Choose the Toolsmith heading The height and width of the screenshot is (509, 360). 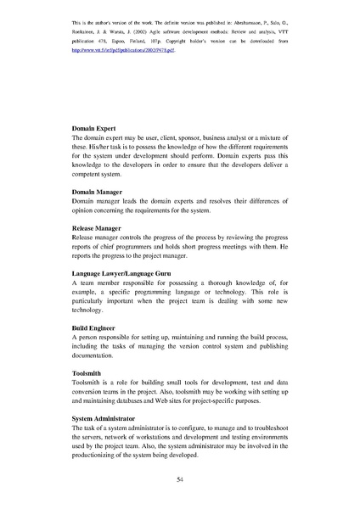88,373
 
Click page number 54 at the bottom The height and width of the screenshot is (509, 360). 180,479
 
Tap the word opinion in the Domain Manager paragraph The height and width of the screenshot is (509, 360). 85,210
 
